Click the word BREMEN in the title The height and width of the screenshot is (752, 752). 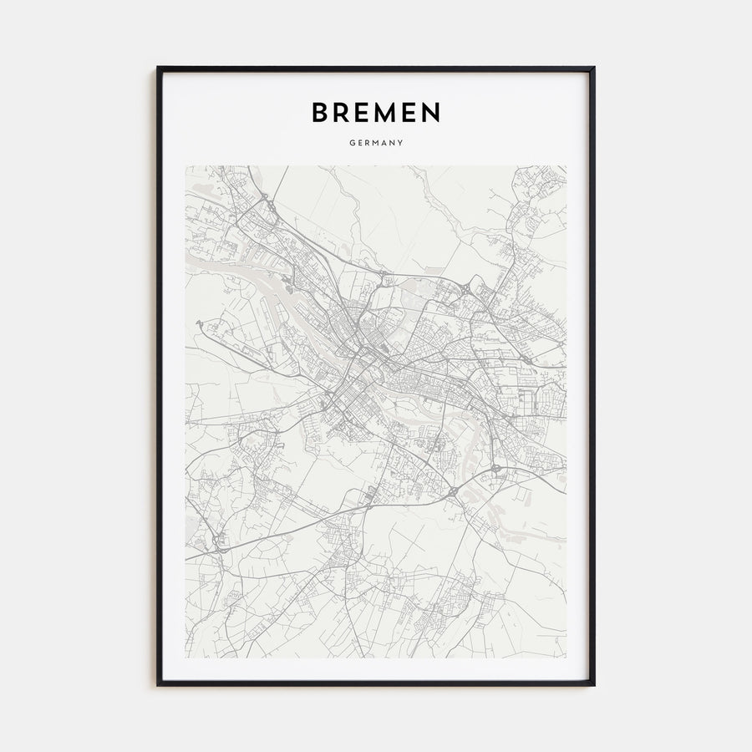376,112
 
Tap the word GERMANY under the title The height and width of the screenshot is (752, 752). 376,143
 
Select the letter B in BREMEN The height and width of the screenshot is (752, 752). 320,112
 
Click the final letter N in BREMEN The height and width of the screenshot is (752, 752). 430,112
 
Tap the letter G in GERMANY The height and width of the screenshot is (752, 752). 353,143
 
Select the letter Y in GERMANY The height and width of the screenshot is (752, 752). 401,143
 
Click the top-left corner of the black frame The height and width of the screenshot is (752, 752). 158,68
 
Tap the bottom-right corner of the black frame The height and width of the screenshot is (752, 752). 594,684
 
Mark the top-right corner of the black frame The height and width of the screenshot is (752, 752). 594,68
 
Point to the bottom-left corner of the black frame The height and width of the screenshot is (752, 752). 158,684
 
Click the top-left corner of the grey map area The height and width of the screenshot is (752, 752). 185,165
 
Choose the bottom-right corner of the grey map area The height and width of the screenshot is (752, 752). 566,658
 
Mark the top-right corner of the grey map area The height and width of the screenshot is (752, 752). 566,165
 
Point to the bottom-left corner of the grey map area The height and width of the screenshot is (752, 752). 185,658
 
